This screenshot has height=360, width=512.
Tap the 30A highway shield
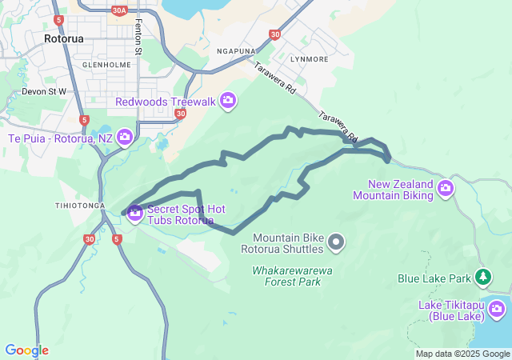(x=120, y=10)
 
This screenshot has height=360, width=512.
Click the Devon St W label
(x=43, y=91)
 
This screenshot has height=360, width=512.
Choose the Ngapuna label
(x=236, y=50)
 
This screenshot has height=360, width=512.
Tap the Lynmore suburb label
(x=310, y=59)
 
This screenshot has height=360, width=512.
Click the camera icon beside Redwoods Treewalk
(x=228, y=100)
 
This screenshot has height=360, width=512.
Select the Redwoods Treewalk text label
(x=166, y=101)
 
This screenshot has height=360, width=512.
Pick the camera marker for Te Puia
(x=125, y=138)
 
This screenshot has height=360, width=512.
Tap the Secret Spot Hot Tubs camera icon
(x=134, y=213)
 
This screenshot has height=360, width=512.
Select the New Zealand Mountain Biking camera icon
(x=445, y=189)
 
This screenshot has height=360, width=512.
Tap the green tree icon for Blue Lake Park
(x=483, y=278)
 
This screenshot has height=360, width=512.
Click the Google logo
(x=26, y=350)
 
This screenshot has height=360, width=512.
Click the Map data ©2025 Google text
(x=462, y=354)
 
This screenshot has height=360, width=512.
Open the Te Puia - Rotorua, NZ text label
(x=60, y=138)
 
